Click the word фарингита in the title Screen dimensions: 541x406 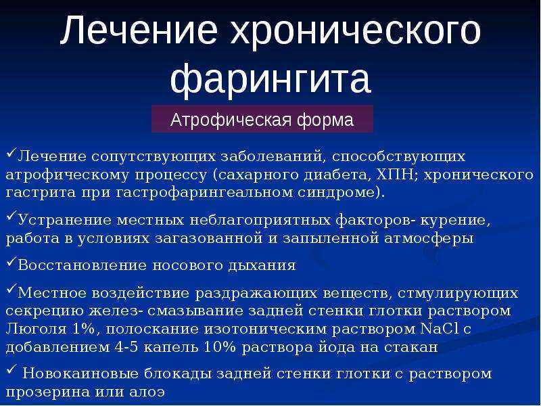tap(270, 80)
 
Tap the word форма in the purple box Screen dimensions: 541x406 tap(325, 120)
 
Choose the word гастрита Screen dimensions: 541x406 tap(41, 193)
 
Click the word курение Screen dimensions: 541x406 tap(455, 221)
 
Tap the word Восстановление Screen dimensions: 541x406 tap(82, 265)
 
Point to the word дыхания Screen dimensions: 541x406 tap(262, 266)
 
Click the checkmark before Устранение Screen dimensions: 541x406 tap(11, 216)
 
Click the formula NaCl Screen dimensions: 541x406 tap(440, 328)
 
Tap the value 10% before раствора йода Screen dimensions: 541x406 tap(219, 346)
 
